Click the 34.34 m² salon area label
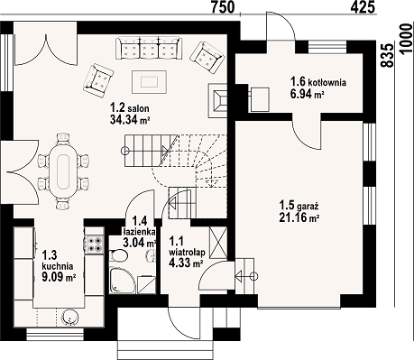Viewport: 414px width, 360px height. (130, 120)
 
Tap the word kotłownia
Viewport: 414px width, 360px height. (327, 82)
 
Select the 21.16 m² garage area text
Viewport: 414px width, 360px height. (299, 217)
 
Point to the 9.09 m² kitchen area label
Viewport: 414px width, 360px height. (59, 277)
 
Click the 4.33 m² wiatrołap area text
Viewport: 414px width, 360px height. (186, 263)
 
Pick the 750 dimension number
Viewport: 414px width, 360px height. (223, 7)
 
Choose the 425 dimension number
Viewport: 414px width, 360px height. (363, 7)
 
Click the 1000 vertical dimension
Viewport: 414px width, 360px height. (407, 40)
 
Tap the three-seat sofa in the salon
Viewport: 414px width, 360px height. (149, 49)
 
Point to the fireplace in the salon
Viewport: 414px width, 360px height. (217, 100)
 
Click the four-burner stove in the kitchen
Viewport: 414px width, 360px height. (94, 245)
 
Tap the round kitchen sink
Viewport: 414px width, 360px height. (70, 318)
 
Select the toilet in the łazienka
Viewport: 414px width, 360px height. (118, 256)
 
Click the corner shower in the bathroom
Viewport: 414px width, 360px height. (122, 282)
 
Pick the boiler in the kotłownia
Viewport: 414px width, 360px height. (259, 99)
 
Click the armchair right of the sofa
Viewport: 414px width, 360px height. (207, 58)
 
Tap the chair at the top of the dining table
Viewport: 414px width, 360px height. (63, 138)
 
